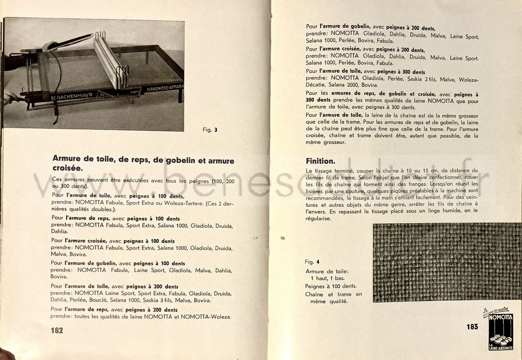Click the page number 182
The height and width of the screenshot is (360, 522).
(57, 330)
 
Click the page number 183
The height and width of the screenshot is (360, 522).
(472, 327)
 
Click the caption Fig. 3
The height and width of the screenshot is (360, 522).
(210, 130)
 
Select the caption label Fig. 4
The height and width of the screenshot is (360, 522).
(312, 262)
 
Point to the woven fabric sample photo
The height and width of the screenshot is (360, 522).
(447, 262)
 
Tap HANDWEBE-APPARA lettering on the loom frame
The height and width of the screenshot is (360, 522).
(164, 88)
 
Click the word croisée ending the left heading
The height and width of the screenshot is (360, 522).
(67, 168)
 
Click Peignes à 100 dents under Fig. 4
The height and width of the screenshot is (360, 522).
(330, 286)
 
